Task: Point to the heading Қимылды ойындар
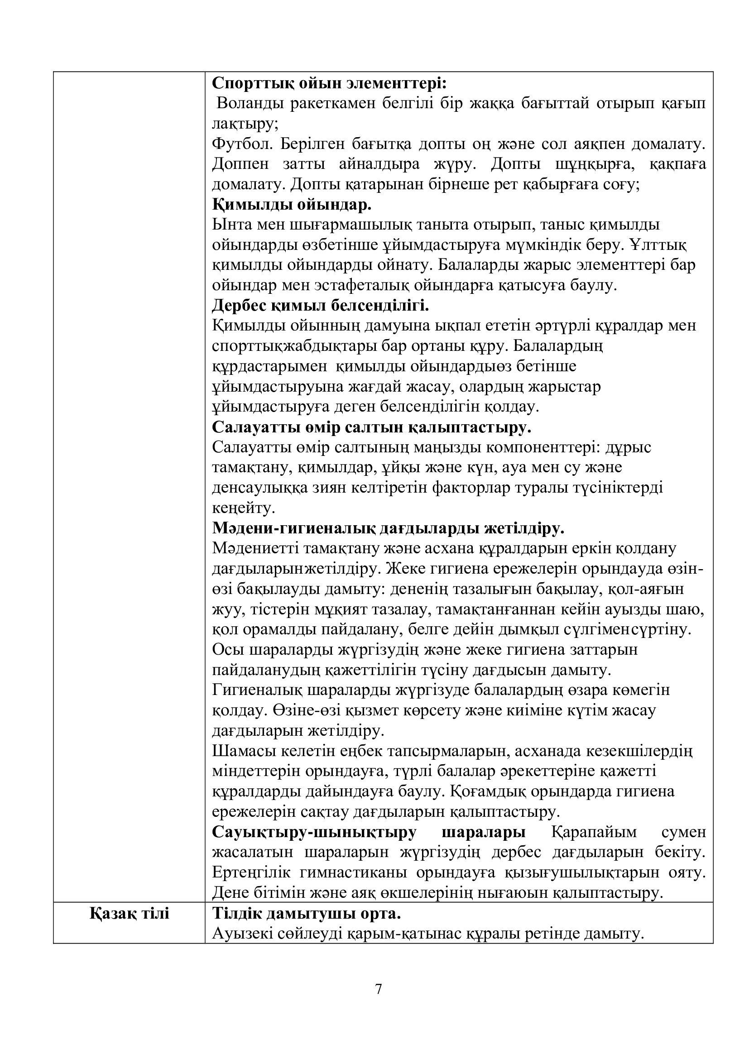[x=292, y=204]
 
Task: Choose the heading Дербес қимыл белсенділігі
[x=321, y=305]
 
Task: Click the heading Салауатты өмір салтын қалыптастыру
[x=371, y=427]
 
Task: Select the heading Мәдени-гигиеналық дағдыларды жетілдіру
[x=388, y=528]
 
